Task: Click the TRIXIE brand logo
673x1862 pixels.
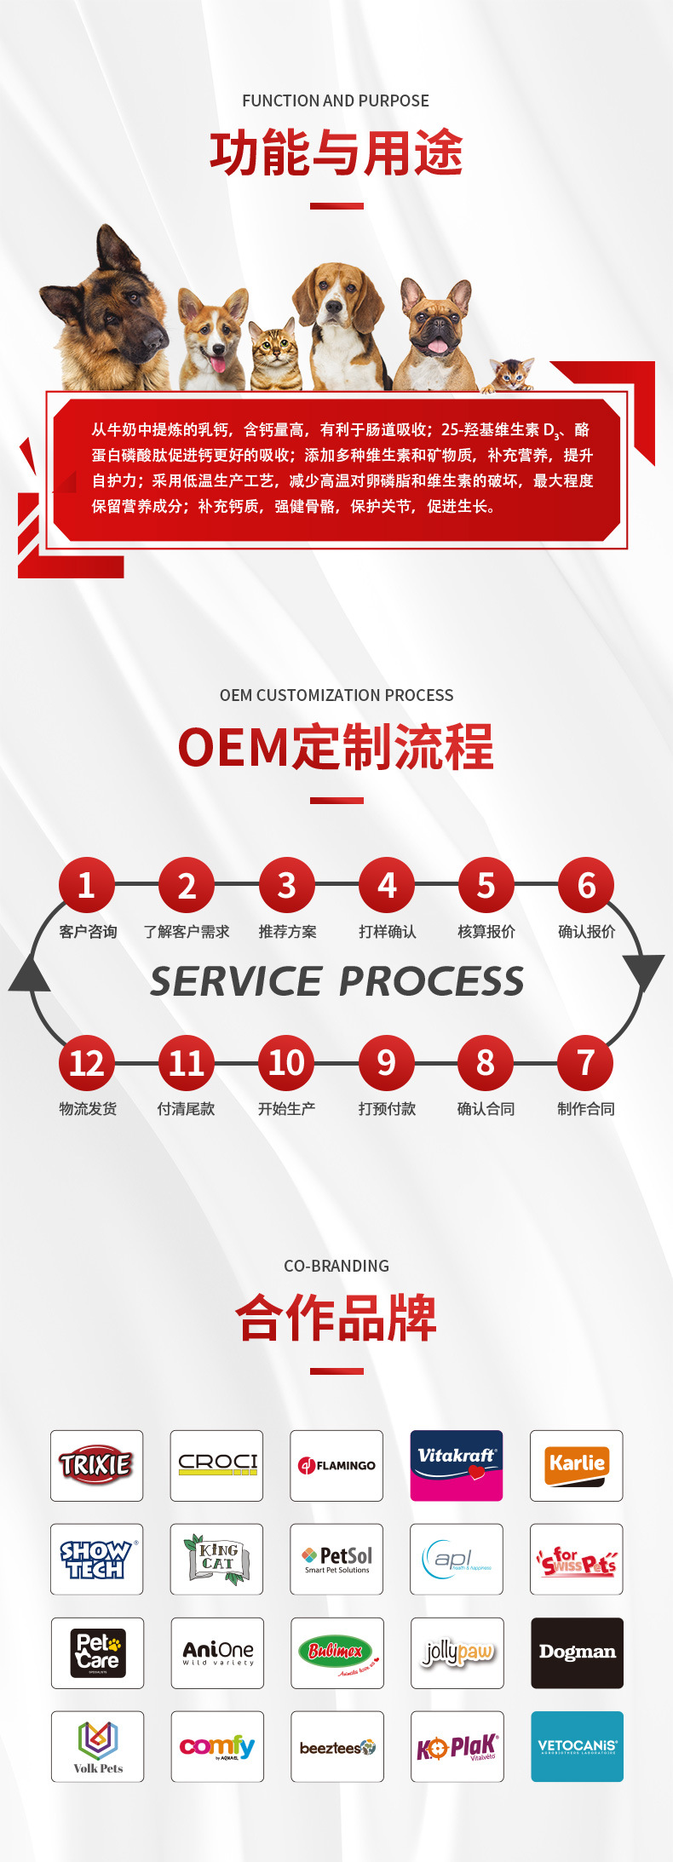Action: [x=96, y=1465]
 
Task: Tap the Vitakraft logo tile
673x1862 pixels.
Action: [x=457, y=1465]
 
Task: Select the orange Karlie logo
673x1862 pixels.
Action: [x=577, y=1465]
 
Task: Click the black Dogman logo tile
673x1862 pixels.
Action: [x=577, y=1652]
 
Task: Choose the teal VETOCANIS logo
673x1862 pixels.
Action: [x=577, y=1746]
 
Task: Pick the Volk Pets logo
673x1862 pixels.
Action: [x=97, y=1746]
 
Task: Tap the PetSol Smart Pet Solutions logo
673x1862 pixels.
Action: [x=336, y=1559]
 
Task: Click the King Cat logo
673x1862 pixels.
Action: [x=216, y=1559]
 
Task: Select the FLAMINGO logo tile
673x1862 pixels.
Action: [x=336, y=1465]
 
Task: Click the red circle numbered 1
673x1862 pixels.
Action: [x=86, y=885]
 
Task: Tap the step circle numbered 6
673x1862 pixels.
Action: [x=586, y=885]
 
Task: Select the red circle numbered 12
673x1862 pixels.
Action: [x=86, y=1063]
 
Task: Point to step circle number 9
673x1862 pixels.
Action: [x=386, y=1063]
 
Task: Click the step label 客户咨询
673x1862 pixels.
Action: [x=88, y=932]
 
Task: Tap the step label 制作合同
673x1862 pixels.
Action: [x=586, y=1109]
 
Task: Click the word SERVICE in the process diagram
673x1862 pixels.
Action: [x=236, y=982]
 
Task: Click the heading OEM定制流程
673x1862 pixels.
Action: [x=336, y=747]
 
